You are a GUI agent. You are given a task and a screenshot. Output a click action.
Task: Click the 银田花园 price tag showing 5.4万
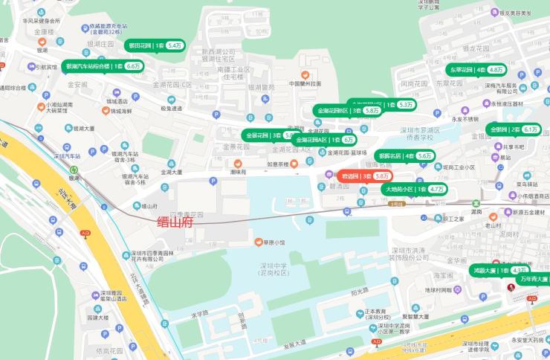click(155, 45)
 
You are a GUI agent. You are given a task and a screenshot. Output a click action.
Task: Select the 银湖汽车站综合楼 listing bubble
click(103, 65)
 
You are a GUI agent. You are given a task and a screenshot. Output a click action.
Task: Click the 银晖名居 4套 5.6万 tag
click(404, 156)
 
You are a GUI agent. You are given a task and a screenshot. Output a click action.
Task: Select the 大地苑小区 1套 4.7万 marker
click(415, 190)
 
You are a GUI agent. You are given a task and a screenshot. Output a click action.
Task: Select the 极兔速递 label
click(172, 108)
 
